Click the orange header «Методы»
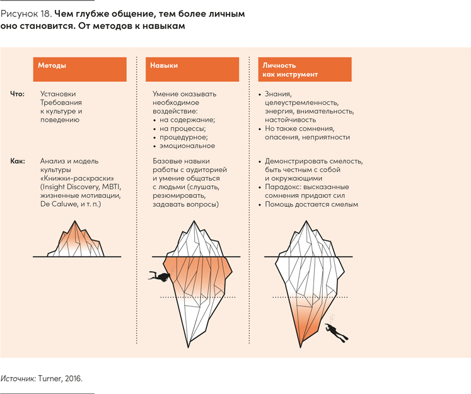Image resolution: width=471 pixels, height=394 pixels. (79, 69)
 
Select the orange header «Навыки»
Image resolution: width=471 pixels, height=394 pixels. (193, 69)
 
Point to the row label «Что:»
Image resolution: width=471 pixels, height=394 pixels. (17, 94)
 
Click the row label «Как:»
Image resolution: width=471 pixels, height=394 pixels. (18, 161)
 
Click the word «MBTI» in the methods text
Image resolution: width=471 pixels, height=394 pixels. (110, 187)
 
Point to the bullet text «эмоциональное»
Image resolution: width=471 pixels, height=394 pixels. (187, 146)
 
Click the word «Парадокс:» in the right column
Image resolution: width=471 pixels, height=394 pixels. (283, 187)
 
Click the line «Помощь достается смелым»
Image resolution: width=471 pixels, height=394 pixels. (311, 205)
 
